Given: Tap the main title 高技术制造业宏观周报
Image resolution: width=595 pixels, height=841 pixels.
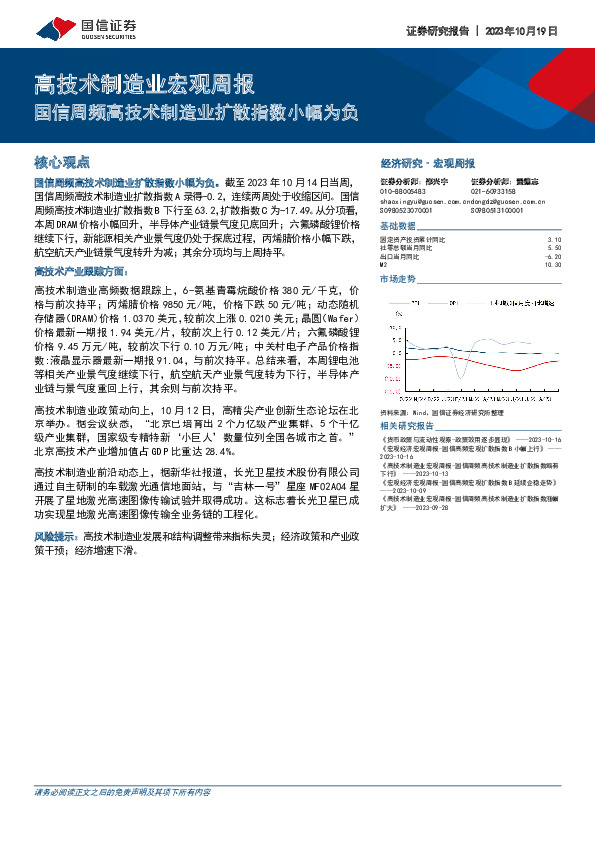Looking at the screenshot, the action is pos(145,84).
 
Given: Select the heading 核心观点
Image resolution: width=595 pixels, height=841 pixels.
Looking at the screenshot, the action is pos(62,160).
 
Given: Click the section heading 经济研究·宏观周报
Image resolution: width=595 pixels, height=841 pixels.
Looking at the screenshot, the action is pos(427,161).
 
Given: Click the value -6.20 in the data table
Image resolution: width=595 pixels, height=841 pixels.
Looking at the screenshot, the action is pos(554,257).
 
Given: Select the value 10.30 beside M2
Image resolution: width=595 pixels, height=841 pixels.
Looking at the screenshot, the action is pos(553,265).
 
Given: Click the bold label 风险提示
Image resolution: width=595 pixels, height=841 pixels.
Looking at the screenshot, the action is pos(57,536).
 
